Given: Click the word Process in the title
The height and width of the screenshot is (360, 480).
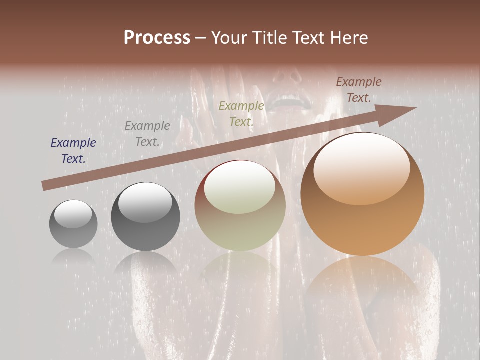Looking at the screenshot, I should pos(157,38).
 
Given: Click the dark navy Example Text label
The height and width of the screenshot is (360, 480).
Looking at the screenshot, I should pos(73,151).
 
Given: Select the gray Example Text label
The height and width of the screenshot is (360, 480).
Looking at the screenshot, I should pos(147,134).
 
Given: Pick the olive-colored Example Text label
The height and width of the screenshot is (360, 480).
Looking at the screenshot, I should pos(241,113).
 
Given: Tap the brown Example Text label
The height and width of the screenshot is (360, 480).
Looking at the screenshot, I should pos(359,90).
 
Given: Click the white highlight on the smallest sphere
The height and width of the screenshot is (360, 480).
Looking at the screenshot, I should pos(73,214).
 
